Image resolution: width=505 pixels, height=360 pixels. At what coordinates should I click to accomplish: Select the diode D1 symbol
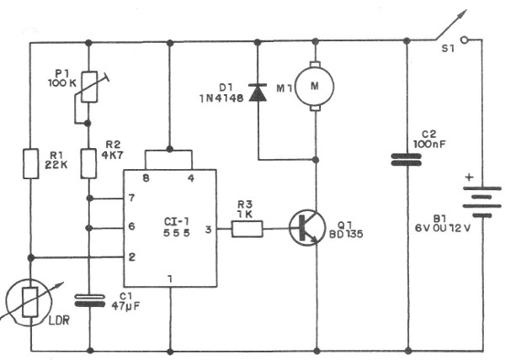pyautogui.click(x=258, y=93)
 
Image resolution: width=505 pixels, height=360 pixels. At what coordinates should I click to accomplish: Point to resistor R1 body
pyautogui.click(x=31, y=162)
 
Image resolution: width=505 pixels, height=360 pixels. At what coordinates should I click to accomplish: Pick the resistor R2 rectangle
pyautogui.click(x=88, y=162)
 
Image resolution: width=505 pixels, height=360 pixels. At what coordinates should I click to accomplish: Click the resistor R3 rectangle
pyautogui.click(x=247, y=228)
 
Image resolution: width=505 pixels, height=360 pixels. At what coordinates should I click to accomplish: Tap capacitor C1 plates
pyautogui.click(x=88, y=299)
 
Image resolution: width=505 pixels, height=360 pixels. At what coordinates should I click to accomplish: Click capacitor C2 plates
pyautogui.click(x=407, y=160)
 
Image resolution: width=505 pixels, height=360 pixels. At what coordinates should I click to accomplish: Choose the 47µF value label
pyautogui.click(x=126, y=307)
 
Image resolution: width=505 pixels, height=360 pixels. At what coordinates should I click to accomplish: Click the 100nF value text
pyautogui.click(x=432, y=144)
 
